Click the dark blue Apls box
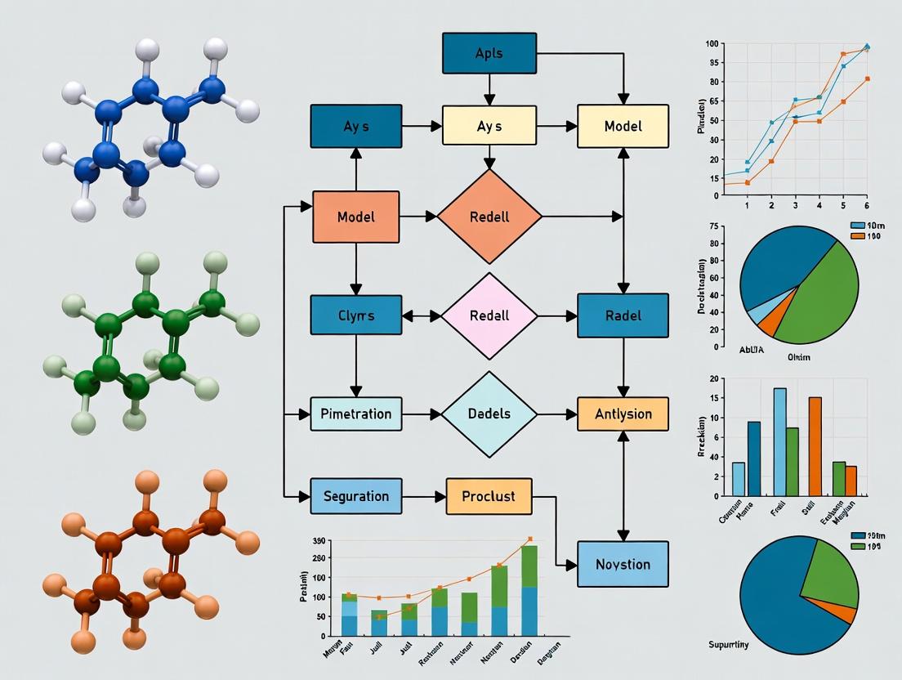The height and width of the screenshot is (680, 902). point(489,53)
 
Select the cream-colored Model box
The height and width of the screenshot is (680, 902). point(623,126)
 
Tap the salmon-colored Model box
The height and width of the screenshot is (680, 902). point(355,217)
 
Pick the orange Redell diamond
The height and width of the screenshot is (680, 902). point(489,217)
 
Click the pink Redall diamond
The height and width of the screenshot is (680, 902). point(489,315)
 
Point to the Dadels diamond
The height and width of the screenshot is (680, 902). point(489,414)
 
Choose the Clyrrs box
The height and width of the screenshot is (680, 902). point(355,315)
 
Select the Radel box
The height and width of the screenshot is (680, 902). point(623,315)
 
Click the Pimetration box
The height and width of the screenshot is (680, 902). point(355,414)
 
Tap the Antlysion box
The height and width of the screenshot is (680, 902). point(623,414)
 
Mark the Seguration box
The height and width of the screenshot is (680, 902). point(355,496)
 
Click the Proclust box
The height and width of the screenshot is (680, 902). point(489,496)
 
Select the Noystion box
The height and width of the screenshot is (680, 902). point(623,564)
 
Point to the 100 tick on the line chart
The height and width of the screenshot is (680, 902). point(712,43)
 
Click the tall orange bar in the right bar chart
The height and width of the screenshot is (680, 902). point(815,446)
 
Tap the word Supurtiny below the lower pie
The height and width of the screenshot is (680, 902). point(730,645)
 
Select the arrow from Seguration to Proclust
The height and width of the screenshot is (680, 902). point(424,496)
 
